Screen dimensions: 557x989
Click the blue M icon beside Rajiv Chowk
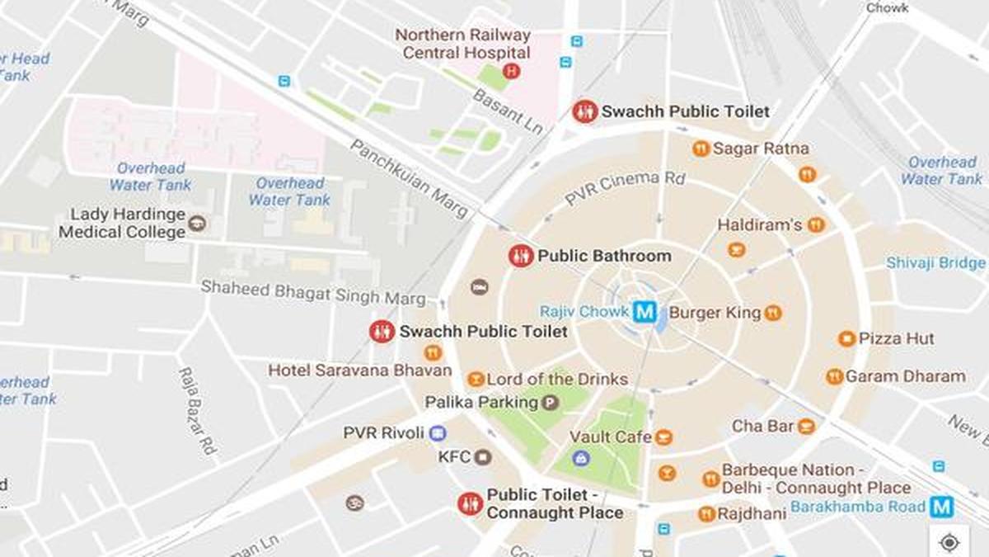tap(645, 312)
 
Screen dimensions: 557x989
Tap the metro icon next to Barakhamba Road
tap(941, 506)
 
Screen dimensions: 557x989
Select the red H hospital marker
tap(511, 72)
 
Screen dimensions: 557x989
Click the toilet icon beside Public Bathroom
tap(521, 256)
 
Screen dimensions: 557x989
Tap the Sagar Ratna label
tap(761, 149)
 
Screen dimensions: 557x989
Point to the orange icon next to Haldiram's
tap(816, 224)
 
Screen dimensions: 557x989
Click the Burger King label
tap(715, 313)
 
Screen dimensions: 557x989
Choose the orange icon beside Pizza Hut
tap(846, 338)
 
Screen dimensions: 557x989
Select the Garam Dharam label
tap(905, 376)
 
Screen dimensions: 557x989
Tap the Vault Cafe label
tap(611, 437)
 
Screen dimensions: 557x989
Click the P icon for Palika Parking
tap(550, 403)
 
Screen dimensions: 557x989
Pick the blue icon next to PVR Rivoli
tap(438, 432)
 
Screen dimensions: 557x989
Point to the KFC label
tap(454, 456)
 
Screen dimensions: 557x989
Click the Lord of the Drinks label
tap(557, 380)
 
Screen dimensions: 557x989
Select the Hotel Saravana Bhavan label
tap(360, 371)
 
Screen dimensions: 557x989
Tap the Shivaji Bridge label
tap(935, 263)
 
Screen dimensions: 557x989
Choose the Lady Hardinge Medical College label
tap(122, 224)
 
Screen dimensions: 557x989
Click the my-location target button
tap(949, 542)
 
